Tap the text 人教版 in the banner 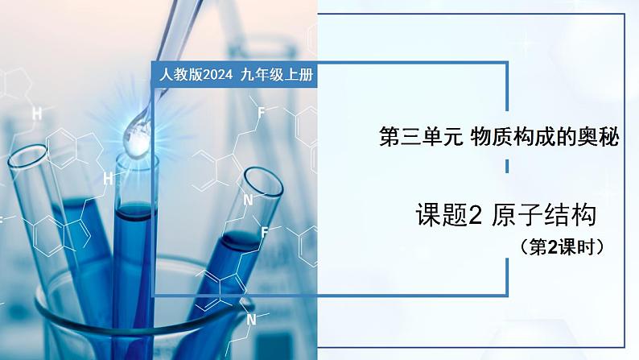coord(176,75)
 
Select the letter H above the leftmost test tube coord(37,114)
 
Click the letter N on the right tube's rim coord(249,200)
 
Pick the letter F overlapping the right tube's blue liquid coord(263,231)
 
